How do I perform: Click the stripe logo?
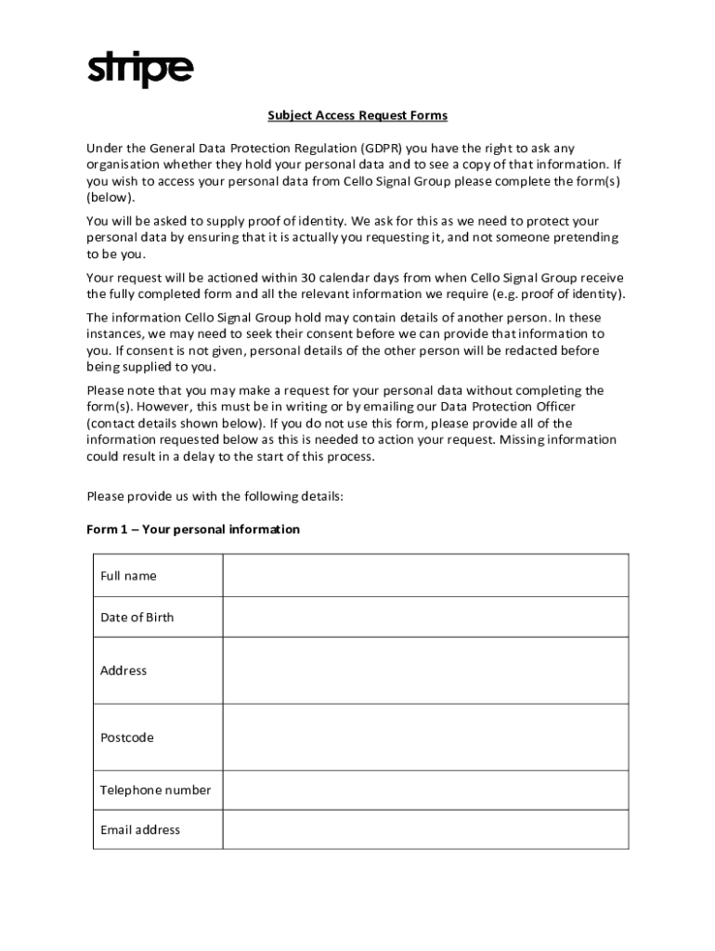140,70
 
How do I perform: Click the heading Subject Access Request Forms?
357,116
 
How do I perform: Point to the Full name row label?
128,576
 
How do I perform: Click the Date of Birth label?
136,618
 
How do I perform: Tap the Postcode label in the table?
127,737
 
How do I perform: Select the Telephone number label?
155,790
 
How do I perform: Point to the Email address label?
140,830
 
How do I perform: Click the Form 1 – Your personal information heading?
193,529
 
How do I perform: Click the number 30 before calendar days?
309,278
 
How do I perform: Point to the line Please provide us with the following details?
214,496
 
